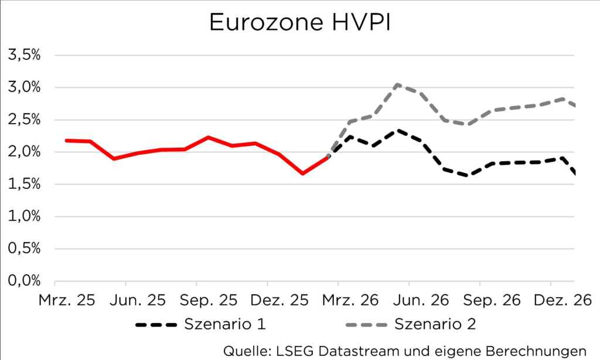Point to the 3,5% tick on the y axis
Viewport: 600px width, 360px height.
23,56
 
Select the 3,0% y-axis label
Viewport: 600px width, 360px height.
23,88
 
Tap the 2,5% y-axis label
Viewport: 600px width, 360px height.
23,120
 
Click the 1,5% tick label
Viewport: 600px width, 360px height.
23,185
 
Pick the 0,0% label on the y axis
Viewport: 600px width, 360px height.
23,281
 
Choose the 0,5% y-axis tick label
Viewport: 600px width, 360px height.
23,249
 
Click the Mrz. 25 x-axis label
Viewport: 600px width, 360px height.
66,300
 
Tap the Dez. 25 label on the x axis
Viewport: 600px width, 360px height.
279,300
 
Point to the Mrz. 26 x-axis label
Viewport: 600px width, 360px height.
350,300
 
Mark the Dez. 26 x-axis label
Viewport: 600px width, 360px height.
562,300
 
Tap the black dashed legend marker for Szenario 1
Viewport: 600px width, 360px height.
155,324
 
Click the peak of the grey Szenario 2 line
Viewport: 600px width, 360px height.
397,84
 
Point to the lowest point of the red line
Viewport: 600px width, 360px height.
302,174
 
